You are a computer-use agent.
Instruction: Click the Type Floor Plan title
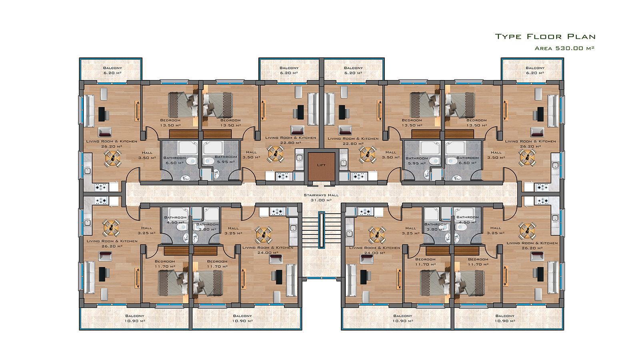(545, 36)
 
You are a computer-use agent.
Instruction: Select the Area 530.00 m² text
(564, 48)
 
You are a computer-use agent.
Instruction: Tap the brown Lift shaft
(321, 166)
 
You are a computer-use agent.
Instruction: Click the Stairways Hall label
(321, 198)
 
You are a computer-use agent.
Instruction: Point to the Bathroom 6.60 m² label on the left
(174, 160)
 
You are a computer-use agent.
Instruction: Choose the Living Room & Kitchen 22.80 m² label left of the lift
(290, 140)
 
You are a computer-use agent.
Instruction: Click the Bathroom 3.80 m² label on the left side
(207, 227)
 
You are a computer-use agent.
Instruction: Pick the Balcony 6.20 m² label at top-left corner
(112, 70)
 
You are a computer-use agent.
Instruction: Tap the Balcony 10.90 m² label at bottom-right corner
(505, 318)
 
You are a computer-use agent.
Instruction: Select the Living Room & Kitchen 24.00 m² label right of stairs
(374, 250)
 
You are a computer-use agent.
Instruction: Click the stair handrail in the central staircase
(322, 230)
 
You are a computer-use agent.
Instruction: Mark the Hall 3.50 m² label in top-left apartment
(147, 155)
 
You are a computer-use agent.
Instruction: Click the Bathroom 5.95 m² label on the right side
(417, 160)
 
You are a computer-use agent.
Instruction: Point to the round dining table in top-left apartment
(113, 158)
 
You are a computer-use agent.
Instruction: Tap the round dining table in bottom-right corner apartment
(527, 230)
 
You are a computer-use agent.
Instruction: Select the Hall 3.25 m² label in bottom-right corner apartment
(496, 230)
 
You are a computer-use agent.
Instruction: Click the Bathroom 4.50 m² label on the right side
(468, 220)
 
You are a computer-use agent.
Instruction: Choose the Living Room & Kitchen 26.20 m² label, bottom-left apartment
(112, 244)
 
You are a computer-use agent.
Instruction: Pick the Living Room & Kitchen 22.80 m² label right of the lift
(353, 141)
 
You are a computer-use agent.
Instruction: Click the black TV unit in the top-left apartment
(102, 114)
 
